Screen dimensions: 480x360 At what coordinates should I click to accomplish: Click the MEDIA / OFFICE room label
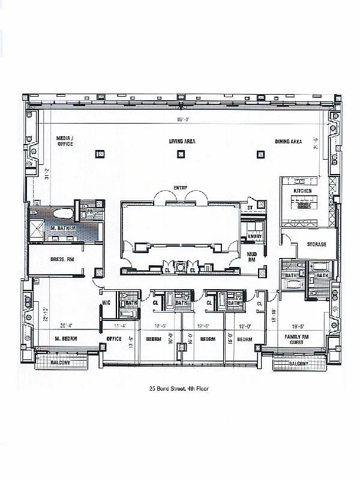click(x=64, y=141)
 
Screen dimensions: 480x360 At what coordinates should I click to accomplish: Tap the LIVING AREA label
click(x=182, y=142)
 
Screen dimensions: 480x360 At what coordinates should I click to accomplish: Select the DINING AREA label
click(x=288, y=142)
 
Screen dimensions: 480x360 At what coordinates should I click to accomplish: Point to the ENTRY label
click(x=181, y=188)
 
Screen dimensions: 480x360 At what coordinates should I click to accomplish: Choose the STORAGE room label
click(x=316, y=244)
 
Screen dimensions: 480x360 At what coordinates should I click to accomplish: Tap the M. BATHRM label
click(x=63, y=229)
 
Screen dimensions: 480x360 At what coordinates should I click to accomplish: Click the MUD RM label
click(x=251, y=257)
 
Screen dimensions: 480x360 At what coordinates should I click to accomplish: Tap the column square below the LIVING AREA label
click(x=181, y=154)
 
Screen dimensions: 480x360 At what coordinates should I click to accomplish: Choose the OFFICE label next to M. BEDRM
click(x=114, y=339)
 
